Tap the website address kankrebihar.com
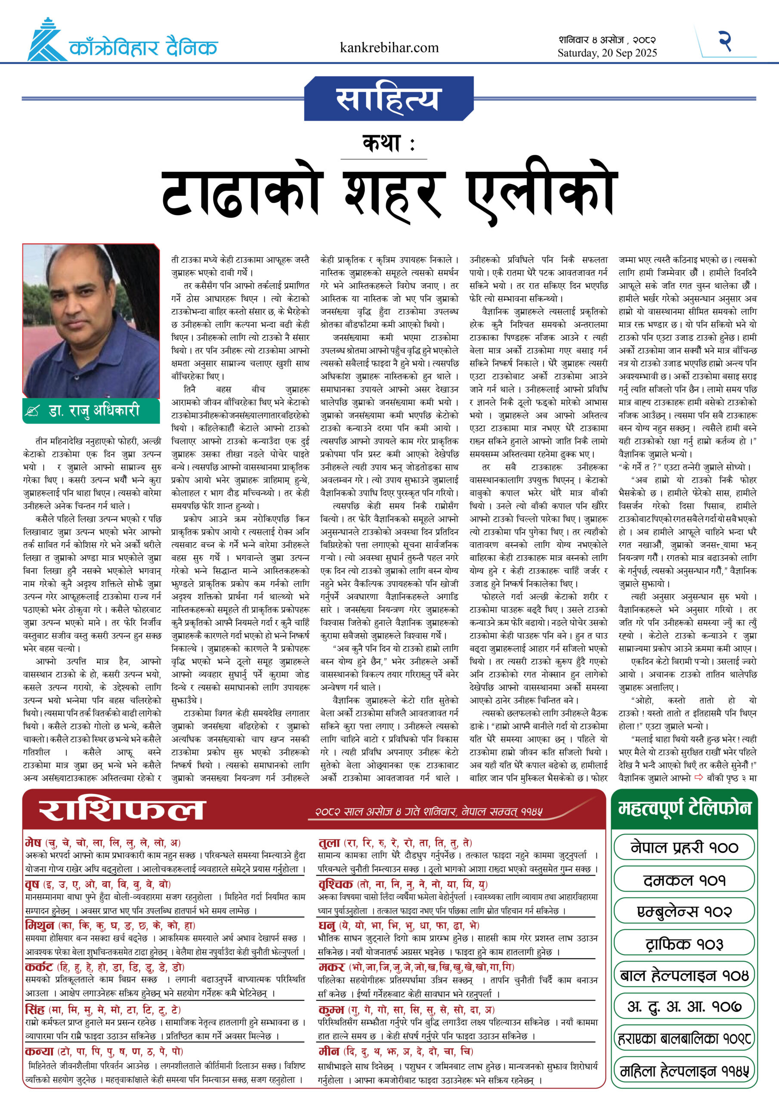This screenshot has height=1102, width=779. point(389,48)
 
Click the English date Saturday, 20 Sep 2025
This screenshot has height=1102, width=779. point(607,53)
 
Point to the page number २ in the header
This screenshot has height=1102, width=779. point(725,41)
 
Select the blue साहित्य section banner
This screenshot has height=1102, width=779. point(389,99)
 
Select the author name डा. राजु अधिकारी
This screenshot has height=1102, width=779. point(94,411)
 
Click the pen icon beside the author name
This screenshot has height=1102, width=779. point(33,412)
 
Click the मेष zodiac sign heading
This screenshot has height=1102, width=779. point(33,842)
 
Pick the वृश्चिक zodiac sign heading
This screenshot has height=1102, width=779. point(336,884)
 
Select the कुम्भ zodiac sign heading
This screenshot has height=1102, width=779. point(332,1009)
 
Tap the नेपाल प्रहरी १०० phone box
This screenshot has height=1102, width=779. point(683,848)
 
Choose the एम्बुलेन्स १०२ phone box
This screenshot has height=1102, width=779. point(683,911)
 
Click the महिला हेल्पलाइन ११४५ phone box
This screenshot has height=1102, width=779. point(683,1071)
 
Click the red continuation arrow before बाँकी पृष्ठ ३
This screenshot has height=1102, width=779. point(699,777)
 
